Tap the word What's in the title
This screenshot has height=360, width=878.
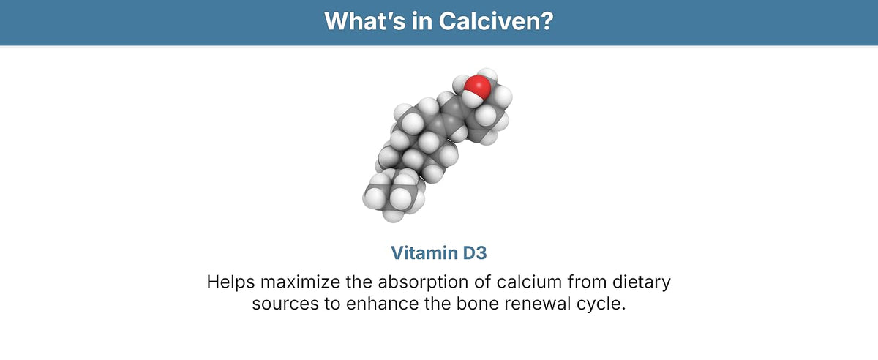[x=365, y=20]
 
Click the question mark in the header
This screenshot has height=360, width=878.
[x=547, y=20]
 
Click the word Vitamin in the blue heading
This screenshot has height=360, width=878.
[x=424, y=253]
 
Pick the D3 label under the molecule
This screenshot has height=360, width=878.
[x=475, y=253]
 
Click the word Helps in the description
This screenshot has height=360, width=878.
[x=231, y=282]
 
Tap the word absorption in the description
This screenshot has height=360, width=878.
[x=421, y=282]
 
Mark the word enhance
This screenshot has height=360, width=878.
[x=382, y=304]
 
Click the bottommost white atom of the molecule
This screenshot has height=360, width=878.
[x=393, y=214]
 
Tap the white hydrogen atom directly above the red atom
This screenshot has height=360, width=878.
[x=487, y=74]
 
